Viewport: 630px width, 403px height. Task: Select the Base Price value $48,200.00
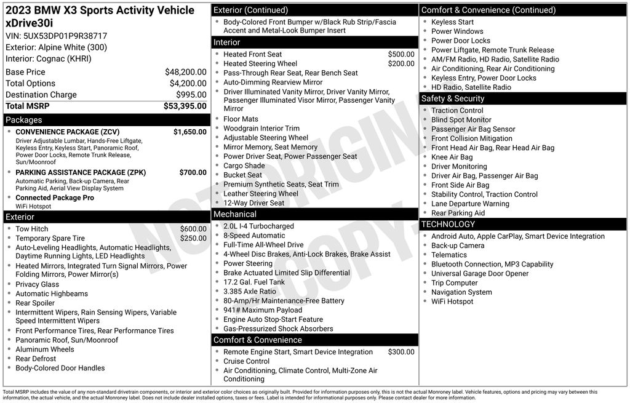185,72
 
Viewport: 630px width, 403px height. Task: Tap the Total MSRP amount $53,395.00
185,106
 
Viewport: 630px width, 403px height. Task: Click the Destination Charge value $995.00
191,95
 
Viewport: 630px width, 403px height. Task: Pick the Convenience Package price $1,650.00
189,132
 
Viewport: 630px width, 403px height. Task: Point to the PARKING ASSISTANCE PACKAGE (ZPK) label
81,173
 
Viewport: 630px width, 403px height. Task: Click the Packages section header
24,120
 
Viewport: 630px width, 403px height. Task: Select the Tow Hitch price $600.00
193,229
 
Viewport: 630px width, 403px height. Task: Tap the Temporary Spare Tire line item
50,238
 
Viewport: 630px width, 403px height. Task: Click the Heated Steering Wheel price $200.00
401,63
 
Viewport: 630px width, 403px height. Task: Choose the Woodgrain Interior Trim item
261,129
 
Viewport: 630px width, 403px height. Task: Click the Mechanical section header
235,214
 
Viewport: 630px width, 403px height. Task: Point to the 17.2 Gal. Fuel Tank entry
254,282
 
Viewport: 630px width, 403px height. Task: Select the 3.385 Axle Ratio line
250,292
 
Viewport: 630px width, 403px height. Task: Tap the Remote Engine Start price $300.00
401,352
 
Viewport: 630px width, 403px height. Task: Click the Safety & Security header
453,98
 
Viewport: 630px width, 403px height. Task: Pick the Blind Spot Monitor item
461,120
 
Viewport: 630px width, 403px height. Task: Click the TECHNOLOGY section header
448,225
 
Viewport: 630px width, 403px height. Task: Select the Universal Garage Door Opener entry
480,274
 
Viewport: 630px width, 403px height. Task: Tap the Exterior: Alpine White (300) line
56,47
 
